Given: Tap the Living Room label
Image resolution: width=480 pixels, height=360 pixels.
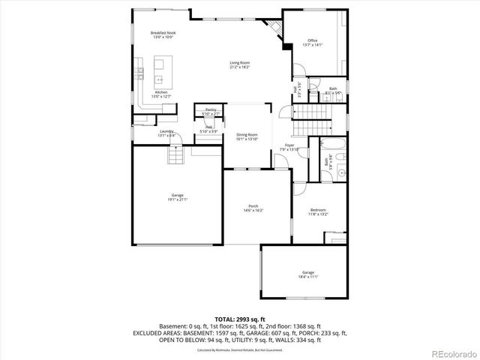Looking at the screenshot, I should coord(239,64).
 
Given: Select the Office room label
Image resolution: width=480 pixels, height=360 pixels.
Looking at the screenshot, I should coord(313,42).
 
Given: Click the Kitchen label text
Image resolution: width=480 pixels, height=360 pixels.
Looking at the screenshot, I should coord(161,94).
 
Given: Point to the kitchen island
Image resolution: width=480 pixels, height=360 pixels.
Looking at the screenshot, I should coord(159,79).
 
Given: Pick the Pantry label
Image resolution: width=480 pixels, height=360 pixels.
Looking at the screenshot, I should coord(211,111).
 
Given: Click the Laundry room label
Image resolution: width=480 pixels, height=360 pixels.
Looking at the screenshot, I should coord(166,133).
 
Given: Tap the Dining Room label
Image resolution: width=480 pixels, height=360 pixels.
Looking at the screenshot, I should coord(247,136).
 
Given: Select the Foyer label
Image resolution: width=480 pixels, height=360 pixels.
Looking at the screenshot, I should coord(289,147).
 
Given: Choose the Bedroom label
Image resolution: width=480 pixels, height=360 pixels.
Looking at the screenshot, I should coord(319,211).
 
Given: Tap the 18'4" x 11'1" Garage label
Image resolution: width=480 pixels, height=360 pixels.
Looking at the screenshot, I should coord(308,274).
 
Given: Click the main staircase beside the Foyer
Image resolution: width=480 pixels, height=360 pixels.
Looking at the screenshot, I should coord(309,113).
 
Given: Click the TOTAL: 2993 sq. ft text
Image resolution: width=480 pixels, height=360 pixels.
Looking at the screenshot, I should coord(239,319).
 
